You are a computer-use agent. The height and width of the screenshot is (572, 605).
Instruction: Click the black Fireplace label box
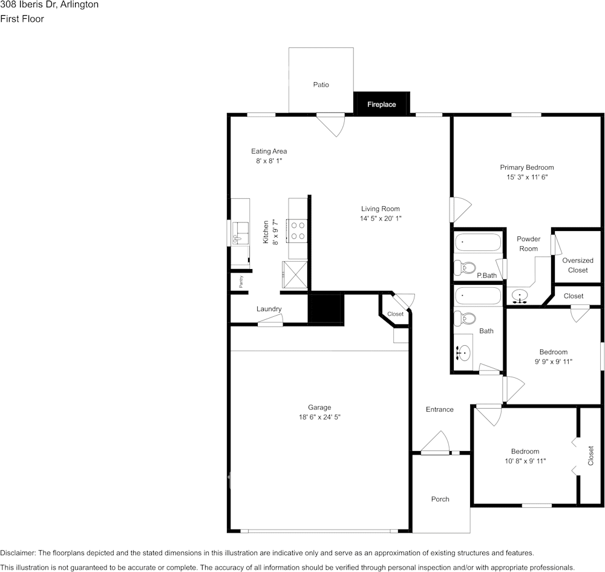[x=382, y=103]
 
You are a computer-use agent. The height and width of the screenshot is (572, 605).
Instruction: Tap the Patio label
[x=321, y=85]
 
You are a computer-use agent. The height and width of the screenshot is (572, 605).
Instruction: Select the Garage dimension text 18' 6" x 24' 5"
[x=319, y=417]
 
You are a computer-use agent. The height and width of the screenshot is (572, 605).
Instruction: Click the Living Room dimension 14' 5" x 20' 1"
[x=381, y=218]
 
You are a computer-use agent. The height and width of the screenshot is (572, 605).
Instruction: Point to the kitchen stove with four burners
[x=298, y=230]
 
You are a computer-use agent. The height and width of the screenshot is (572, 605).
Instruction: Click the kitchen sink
[x=240, y=233]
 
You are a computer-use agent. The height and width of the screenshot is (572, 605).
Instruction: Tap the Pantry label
[x=240, y=281]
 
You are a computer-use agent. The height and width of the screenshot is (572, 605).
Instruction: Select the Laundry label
[x=269, y=309]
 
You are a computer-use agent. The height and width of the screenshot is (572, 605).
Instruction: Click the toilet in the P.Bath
[x=466, y=267]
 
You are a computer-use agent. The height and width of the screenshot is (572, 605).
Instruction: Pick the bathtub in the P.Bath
[x=478, y=242]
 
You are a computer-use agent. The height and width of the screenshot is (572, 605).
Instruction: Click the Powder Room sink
[x=519, y=296]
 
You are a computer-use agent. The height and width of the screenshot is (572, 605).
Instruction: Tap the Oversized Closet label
[x=577, y=265]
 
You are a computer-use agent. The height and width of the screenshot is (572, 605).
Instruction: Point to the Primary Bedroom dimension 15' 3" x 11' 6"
[x=526, y=177]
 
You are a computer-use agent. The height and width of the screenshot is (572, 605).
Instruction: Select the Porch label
[x=440, y=499]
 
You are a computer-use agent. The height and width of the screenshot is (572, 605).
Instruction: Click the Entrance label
[x=439, y=409]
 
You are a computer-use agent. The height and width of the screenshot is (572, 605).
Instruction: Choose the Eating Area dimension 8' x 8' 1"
[x=269, y=161]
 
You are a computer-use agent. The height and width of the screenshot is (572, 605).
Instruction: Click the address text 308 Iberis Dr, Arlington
[x=50, y=5]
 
